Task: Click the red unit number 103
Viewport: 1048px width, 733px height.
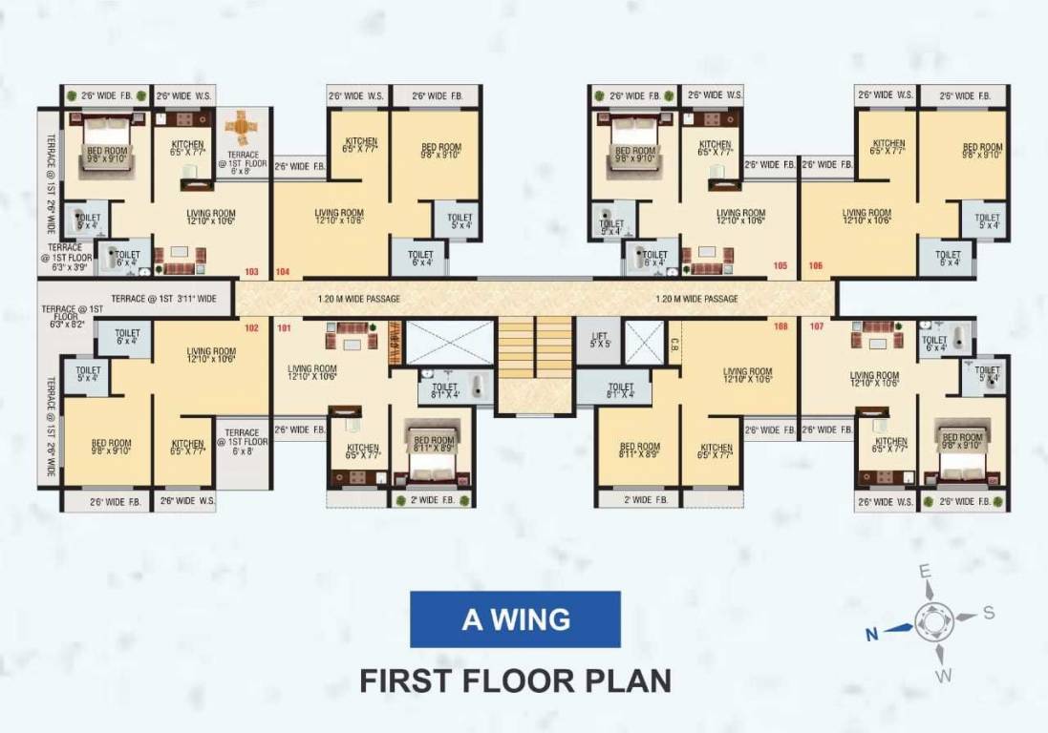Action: pyautogui.click(x=251, y=272)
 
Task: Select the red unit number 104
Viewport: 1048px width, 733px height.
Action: pyautogui.click(x=282, y=272)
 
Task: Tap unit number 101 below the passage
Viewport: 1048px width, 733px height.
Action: pyautogui.click(x=283, y=329)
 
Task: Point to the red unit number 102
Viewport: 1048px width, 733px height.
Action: pyautogui.click(x=251, y=329)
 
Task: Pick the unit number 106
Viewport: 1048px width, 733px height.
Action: pyautogui.click(x=815, y=265)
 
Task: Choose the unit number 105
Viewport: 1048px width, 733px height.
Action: pyautogui.click(x=781, y=265)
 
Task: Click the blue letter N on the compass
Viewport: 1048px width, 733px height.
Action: pyautogui.click(x=870, y=633)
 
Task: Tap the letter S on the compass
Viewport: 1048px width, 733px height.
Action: pyautogui.click(x=989, y=612)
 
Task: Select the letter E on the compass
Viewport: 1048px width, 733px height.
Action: pyautogui.click(x=924, y=571)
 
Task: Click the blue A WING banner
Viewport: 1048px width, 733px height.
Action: pyautogui.click(x=516, y=619)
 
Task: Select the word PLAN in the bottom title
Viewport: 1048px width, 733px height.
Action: pyautogui.click(x=628, y=681)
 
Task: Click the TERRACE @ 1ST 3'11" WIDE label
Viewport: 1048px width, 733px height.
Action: pyautogui.click(x=163, y=299)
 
